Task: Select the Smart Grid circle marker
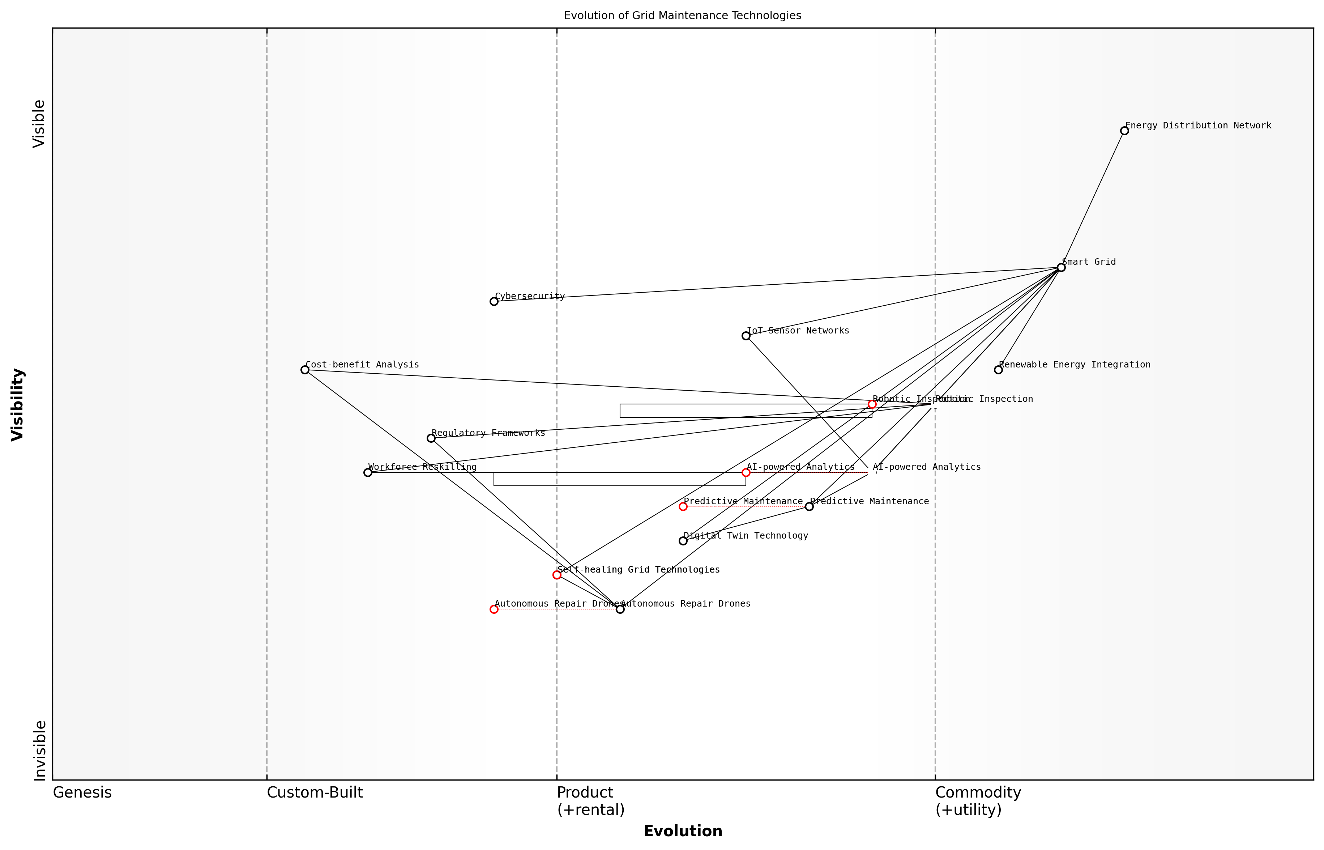pos(1061,268)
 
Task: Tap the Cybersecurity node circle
pos(494,301)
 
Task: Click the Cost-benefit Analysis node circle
pos(304,370)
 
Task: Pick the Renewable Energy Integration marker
pos(998,370)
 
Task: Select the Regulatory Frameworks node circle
pos(431,438)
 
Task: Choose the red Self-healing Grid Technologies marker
pos(557,575)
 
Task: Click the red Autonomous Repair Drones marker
pos(494,609)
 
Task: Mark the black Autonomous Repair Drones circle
pos(620,609)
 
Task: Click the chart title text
pos(682,16)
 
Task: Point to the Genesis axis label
pos(82,792)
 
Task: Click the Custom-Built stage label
pos(315,792)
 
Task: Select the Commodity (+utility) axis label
pos(978,801)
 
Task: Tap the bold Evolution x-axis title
pos(682,831)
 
